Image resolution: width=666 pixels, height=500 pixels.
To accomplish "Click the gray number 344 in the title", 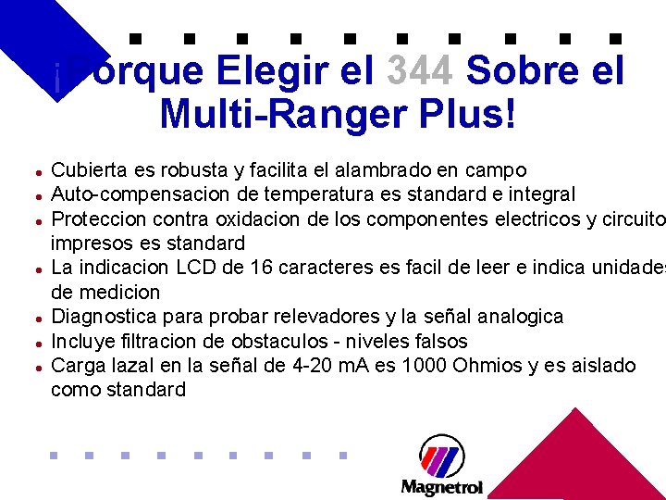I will [x=420, y=70].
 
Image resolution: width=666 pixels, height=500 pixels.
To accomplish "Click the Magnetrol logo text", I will [x=441, y=486].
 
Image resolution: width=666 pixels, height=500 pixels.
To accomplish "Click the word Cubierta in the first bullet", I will [x=88, y=170].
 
